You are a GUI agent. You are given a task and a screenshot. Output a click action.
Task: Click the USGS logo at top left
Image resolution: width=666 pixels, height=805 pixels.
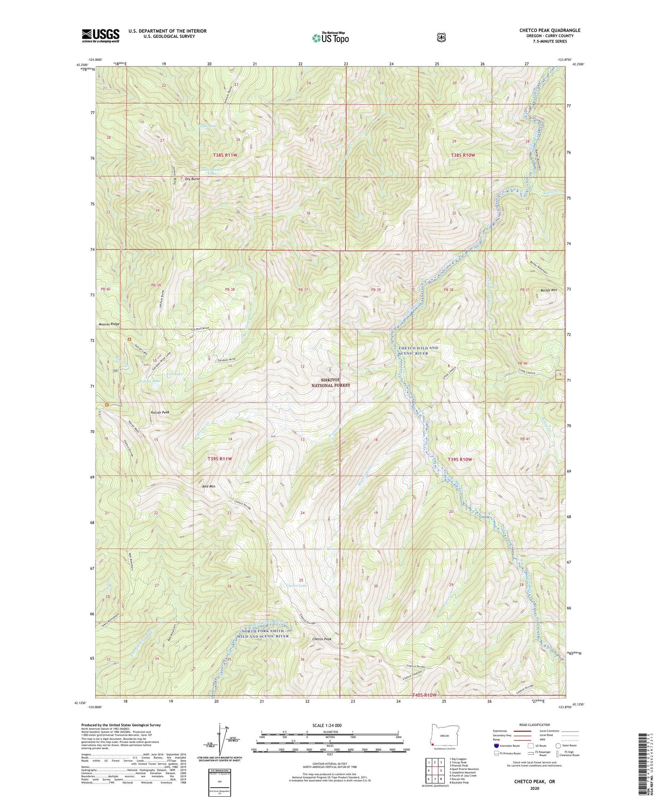100,35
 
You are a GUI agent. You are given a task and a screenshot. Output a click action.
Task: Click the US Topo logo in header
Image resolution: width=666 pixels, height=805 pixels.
330,38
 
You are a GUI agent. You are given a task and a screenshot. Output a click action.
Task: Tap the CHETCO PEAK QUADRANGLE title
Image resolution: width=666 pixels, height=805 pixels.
549,30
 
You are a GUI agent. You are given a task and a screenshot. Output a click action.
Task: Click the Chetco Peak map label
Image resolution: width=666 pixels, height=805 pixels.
322,639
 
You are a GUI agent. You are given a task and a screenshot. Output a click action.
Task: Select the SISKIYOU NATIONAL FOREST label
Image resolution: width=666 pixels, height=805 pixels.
330,382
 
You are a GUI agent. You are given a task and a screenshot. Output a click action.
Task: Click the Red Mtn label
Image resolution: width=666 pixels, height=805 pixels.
209,486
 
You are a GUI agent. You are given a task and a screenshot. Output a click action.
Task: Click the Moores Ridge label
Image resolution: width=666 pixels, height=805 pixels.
109,324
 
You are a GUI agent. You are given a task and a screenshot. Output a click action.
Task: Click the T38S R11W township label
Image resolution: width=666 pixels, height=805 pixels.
225,155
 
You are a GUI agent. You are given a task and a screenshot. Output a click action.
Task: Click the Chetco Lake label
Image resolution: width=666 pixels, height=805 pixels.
296,586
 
